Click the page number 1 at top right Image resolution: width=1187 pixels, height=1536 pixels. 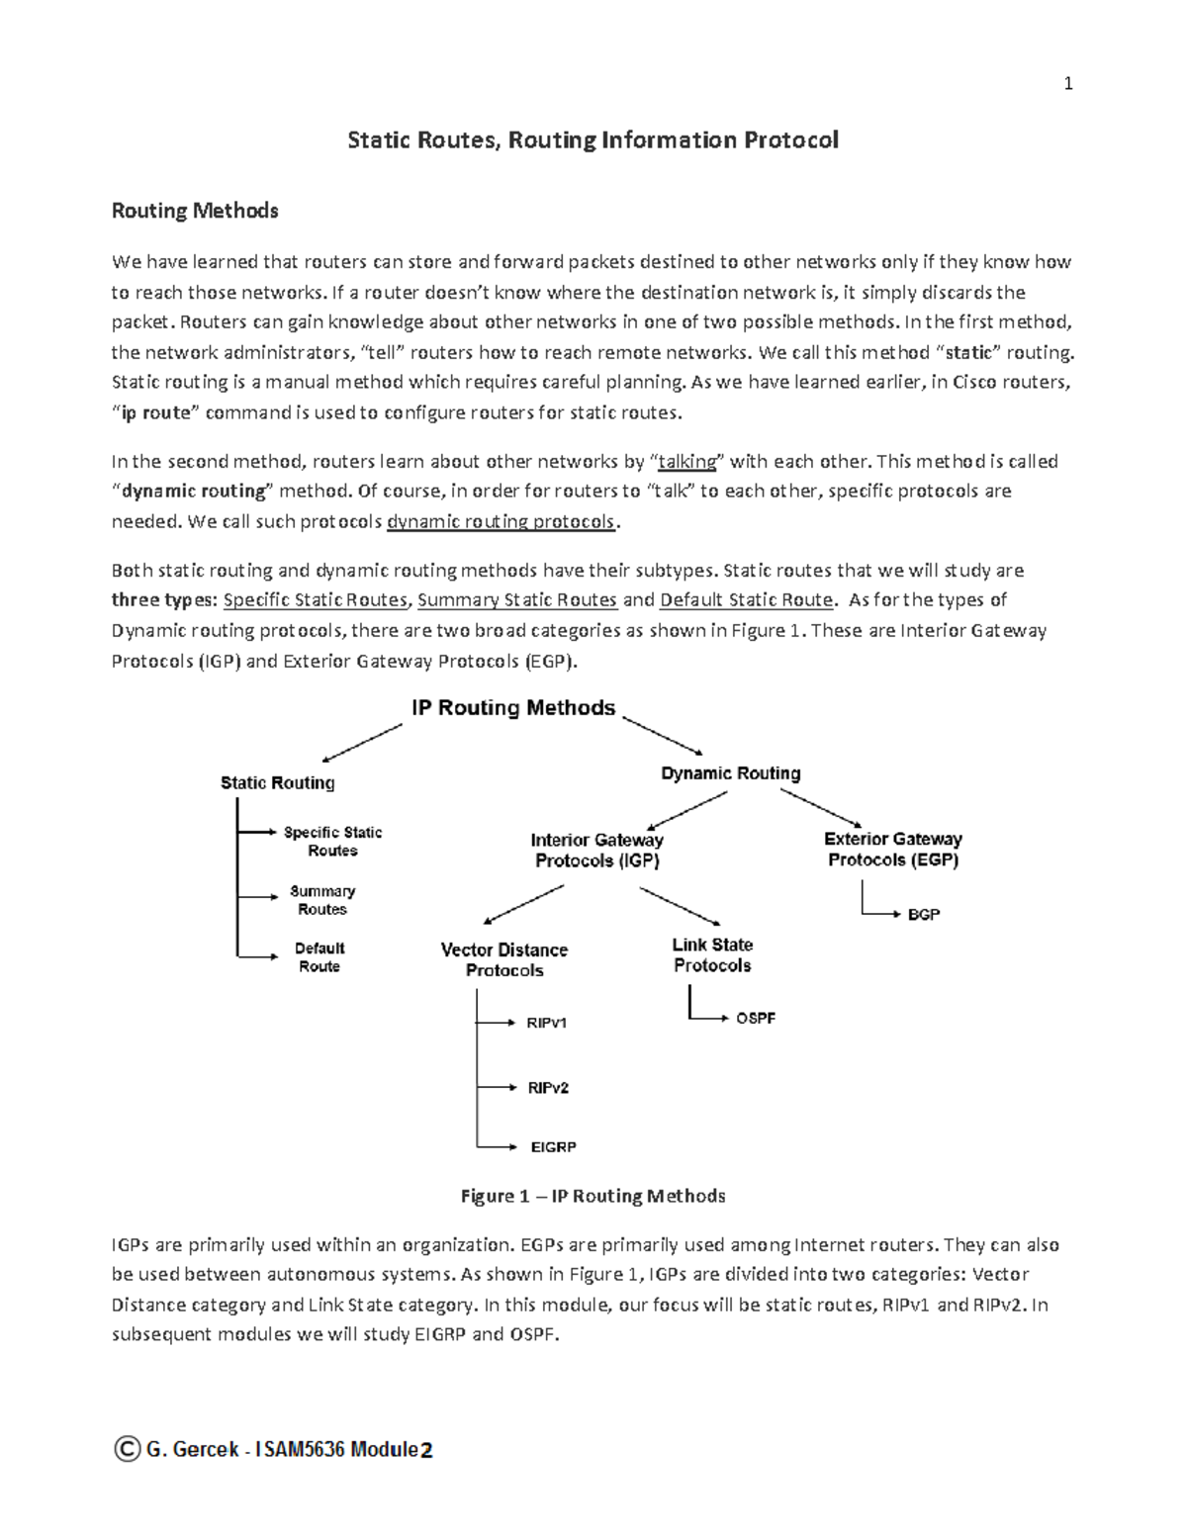pos(1067,84)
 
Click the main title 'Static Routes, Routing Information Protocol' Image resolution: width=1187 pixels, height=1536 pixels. pos(593,140)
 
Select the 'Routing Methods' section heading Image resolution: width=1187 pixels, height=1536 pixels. pos(195,211)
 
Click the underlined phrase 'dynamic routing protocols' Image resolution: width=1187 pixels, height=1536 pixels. pos(501,522)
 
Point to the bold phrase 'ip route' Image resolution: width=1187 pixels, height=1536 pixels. pos(155,413)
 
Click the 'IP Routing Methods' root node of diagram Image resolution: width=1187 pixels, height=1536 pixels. pos(513,708)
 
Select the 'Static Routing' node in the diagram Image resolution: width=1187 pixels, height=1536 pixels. pos(277,783)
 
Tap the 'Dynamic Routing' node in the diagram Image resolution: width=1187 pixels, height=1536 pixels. pos(730,773)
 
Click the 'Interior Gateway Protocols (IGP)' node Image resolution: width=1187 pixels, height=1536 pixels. pos(596,851)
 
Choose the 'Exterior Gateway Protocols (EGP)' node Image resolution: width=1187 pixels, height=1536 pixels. pos(892,850)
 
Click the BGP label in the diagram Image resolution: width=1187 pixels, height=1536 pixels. pos(923,915)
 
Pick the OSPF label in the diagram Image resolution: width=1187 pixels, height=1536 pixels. pos(755,1018)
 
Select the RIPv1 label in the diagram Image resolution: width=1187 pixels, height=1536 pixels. pos(547,1023)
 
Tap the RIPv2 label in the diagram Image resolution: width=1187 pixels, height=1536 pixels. pos(548,1088)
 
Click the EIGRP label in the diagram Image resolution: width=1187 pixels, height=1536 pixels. pos(553,1147)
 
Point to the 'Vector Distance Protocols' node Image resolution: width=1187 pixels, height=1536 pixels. pos(504,960)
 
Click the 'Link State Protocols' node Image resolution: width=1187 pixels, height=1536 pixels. pos(712,955)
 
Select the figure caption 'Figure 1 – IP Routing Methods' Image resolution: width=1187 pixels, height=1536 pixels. pos(593,1197)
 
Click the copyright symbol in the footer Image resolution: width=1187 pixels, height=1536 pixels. pos(127,1450)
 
